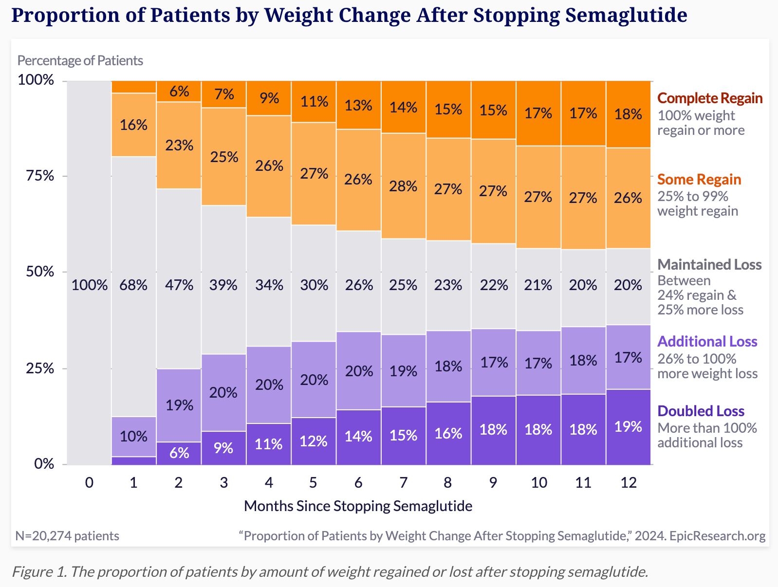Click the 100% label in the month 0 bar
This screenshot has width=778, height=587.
89,285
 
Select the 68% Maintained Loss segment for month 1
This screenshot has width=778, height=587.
134,285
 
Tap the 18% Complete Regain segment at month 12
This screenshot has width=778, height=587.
628,114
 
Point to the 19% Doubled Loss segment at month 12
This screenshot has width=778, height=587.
628,427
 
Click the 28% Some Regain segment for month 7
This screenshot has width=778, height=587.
403,186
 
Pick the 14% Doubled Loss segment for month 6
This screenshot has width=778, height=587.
358,436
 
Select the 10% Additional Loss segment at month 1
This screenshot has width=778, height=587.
134,436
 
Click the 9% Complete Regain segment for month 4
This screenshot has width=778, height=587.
269,99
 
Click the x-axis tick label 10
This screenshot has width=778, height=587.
538,483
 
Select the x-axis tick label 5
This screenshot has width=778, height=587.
313,483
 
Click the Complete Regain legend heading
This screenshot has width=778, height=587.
710,98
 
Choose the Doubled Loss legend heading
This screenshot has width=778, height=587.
701,411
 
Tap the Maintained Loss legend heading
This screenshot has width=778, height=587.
709,265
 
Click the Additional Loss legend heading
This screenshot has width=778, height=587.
707,342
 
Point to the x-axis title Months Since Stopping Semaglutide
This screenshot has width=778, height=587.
358,506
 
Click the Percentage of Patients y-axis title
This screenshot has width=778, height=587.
80,60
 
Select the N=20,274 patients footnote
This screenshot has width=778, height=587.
67,536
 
